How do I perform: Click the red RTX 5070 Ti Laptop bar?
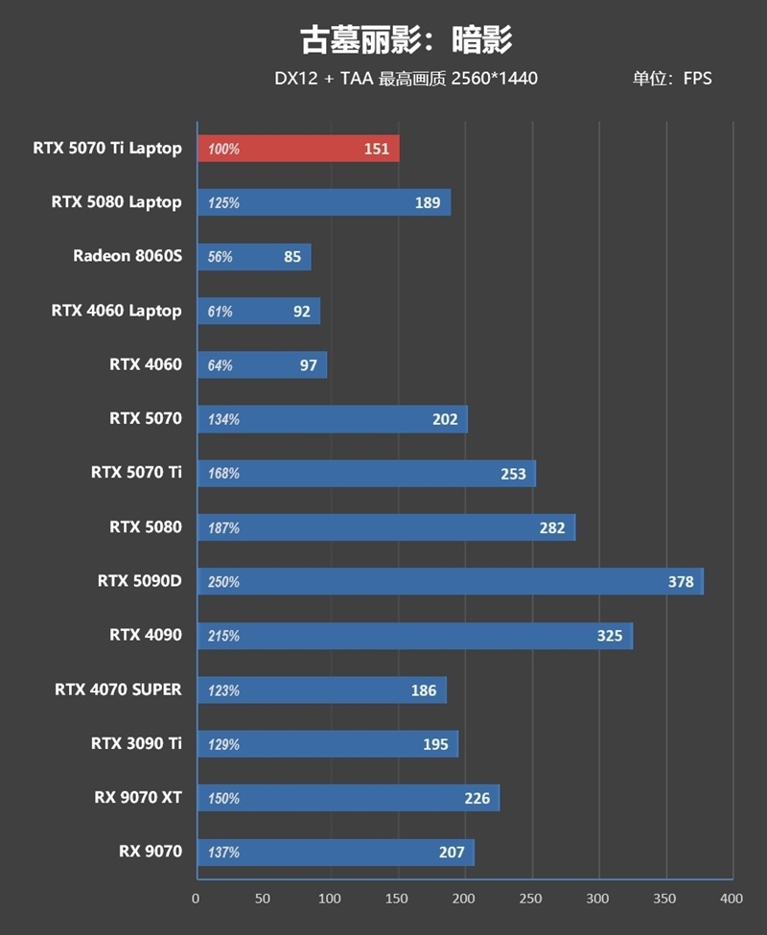[x=297, y=149]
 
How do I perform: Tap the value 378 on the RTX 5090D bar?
[x=680, y=582]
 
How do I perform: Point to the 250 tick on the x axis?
[x=531, y=899]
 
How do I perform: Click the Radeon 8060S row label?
[x=127, y=256]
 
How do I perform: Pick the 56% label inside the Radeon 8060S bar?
[x=220, y=257]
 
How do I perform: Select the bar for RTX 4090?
[x=414, y=636]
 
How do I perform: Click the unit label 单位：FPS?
[x=671, y=79]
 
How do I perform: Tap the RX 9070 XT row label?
[x=137, y=797]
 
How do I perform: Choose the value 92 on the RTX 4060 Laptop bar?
[x=302, y=311]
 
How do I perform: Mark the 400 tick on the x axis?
[x=732, y=899]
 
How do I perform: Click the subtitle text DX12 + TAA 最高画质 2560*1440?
[x=406, y=79]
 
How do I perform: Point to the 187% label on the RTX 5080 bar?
[x=223, y=527]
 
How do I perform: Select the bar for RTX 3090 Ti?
[x=327, y=744]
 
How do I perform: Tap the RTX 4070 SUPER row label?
[x=118, y=690]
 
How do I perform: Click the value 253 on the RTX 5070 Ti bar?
[x=514, y=473]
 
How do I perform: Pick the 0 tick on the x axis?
[x=197, y=899]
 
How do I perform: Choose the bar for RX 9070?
[x=335, y=852]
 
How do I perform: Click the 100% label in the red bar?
[x=223, y=150]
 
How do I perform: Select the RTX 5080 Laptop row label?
[x=116, y=202]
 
